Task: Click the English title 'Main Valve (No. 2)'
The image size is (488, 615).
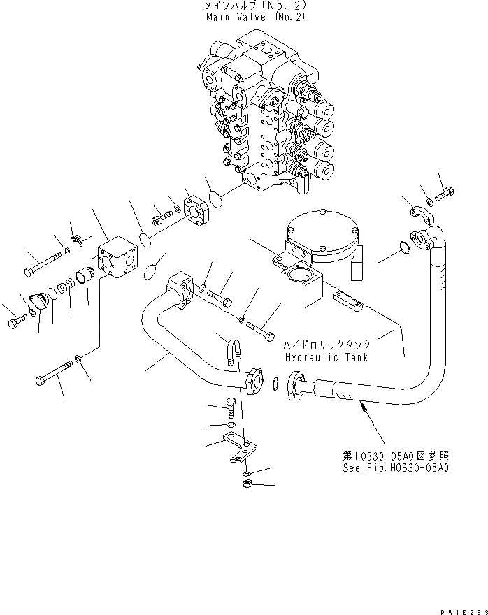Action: pos(255,16)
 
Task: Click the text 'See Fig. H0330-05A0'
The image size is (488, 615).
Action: pos(395,468)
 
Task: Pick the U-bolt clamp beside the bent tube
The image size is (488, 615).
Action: pos(233,350)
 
